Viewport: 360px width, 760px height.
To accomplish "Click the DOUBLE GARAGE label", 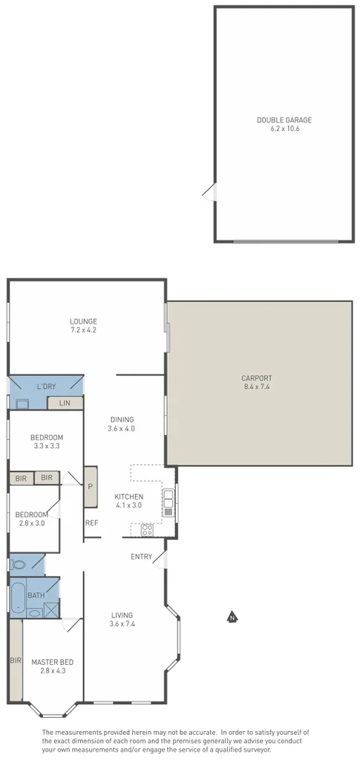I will [284, 119].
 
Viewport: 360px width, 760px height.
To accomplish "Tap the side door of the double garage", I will [210, 192].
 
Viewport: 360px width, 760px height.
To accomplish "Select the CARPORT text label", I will [258, 378].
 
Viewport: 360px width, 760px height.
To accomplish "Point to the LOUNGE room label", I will [83, 321].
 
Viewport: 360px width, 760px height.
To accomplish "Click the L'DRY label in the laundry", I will [46, 387].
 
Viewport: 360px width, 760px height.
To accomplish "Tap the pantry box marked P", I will [91, 487].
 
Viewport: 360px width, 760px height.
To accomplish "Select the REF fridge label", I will [91, 523].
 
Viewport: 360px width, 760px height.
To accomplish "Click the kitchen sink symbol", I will [168, 502].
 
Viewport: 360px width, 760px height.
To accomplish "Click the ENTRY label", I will [141, 557].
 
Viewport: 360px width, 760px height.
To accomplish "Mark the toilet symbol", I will [18, 565].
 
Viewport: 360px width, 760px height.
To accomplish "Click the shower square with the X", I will [51, 610].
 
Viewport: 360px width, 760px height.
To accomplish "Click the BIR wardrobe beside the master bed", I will [16, 659].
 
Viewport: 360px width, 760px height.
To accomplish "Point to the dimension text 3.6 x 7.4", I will [122, 624].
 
